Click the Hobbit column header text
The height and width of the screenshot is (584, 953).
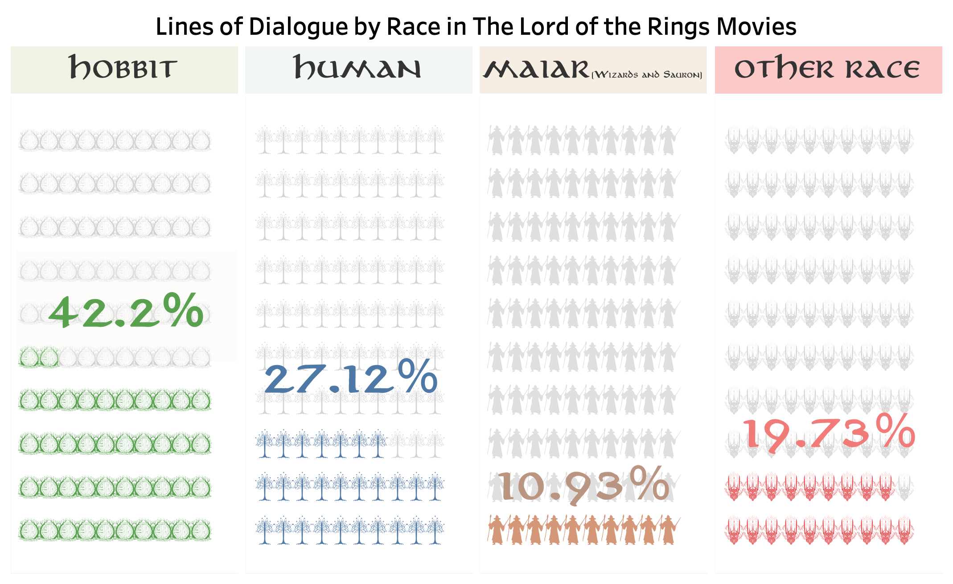(x=123, y=68)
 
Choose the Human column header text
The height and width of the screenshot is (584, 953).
(x=357, y=68)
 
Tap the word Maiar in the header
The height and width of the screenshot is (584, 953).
(x=537, y=70)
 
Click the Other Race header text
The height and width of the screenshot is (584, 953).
(x=827, y=68)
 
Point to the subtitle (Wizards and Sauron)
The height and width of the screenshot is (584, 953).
(x=646, y=75)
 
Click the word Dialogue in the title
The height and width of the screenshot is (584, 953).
(x=299, y=27)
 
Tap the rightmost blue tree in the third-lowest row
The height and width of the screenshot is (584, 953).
(x=378, y=443)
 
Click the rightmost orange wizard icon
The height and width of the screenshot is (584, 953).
(x=668, y=530)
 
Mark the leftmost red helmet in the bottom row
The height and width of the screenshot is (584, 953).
(x=734, y=530)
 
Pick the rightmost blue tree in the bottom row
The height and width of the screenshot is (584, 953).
(x=435, y=530)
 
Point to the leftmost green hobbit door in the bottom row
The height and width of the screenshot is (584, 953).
(x=28, y=530)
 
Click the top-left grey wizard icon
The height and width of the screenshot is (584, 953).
(x=497, y=140)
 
